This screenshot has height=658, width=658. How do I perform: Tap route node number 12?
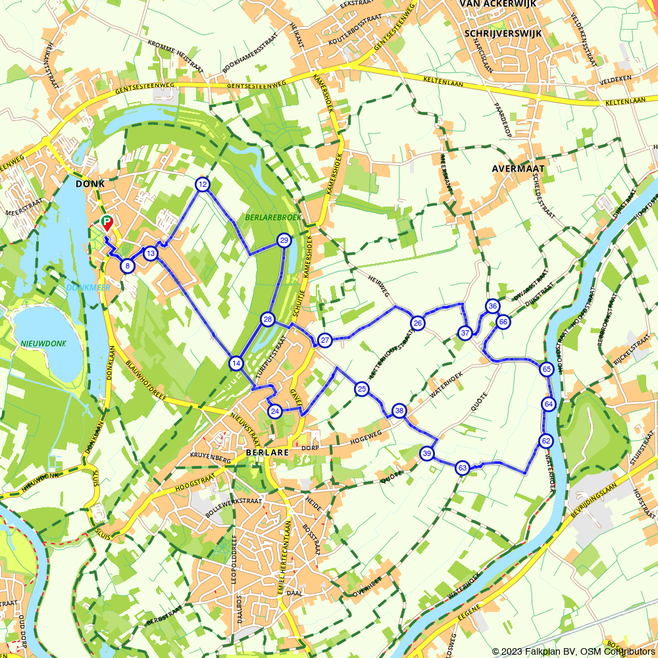203,184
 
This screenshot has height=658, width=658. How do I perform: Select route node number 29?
284,240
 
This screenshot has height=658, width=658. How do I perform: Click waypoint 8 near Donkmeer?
128,266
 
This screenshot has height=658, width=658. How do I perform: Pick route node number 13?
151,253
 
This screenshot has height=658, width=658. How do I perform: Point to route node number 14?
236,363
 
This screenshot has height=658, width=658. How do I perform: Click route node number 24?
276,411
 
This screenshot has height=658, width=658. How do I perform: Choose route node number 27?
324,340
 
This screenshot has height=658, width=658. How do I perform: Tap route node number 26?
417,322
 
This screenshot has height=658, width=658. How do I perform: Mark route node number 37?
465,333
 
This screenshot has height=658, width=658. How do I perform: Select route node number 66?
503,322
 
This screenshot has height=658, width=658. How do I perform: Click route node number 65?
547,369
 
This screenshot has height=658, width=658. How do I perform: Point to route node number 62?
545,440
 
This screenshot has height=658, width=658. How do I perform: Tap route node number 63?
463,468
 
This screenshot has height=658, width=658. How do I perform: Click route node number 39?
427,453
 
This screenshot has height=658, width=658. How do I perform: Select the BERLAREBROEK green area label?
263,216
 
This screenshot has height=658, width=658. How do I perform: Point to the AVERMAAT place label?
515,168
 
